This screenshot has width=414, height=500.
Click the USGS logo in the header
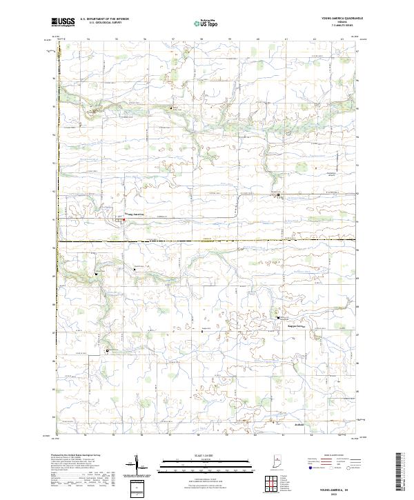63,22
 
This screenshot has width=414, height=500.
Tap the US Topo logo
207,22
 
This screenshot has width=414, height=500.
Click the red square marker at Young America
124,220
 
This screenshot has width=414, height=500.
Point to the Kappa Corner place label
296,328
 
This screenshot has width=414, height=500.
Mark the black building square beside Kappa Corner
279,317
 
